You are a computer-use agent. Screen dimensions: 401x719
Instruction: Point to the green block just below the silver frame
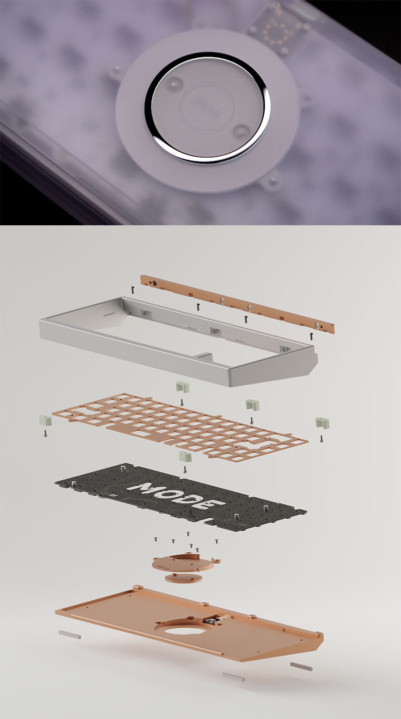182,387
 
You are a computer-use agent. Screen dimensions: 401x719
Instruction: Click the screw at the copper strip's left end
132,290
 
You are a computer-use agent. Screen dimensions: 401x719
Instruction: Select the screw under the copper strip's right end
311,336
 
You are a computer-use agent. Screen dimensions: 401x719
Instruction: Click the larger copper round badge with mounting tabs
186,563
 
